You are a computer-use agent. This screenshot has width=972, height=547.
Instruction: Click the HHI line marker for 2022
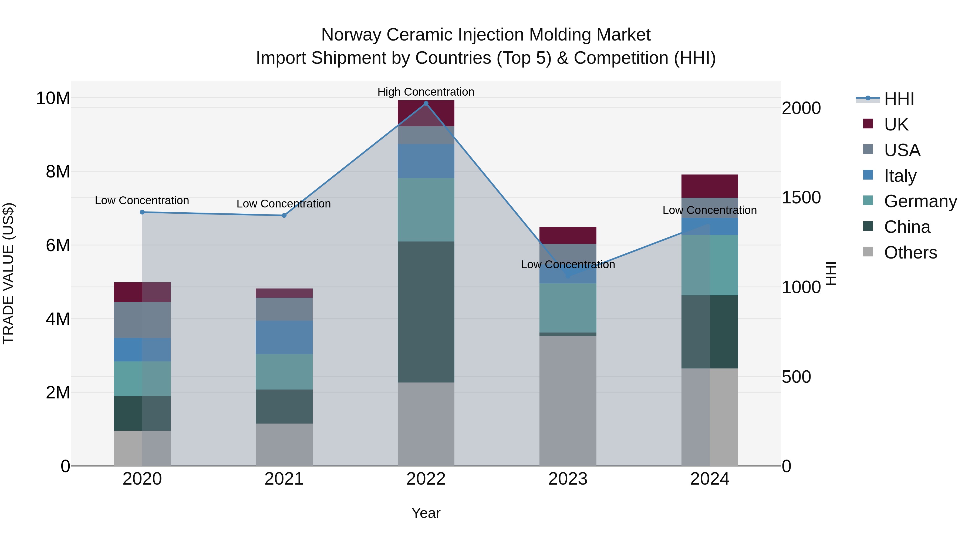click(x=426, y=103)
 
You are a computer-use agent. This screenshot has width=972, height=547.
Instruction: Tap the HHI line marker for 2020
click(x=142, y=212)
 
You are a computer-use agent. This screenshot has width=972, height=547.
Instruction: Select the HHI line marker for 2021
click(x=284, y=216)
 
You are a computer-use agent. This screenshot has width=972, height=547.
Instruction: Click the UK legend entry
click(x=896, y=124)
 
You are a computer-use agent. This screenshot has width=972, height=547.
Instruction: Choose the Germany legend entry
click(x=920, y=201)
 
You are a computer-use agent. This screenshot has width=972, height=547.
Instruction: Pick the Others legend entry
click(x=910, y=253)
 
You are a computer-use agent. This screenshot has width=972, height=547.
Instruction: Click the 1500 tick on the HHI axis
click(x=801, y=197)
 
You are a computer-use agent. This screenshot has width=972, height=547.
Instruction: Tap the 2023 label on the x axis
click(x=568, y=479)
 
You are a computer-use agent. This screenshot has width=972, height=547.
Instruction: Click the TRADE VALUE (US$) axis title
click(x=8, y=273)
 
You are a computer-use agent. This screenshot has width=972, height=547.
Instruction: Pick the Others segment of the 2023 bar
click(x=568, y=400)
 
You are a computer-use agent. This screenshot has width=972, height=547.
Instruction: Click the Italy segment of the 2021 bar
click(x=284, y=337)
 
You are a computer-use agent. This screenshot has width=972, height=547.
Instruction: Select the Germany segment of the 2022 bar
click(x=426, y=210)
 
